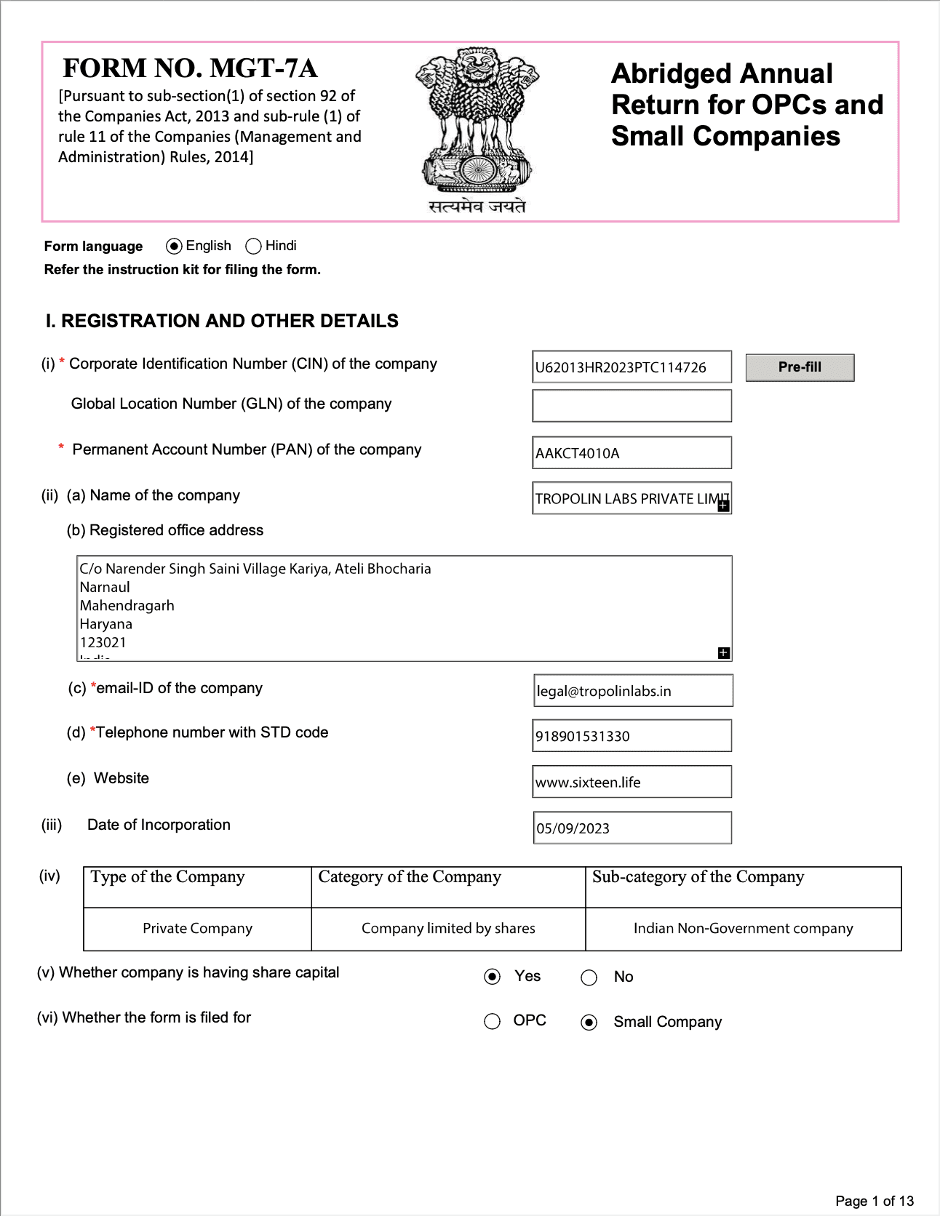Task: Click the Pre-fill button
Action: click(800, 367)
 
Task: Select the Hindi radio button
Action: click(253, 247)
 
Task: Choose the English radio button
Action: click(174, 247)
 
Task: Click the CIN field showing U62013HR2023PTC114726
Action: click(632, 367)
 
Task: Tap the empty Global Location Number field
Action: click(632, 406)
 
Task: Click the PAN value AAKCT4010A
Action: click(632, 453)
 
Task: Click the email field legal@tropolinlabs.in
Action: click(633, 691)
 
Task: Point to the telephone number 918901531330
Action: click(632, 736)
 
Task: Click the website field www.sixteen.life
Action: click(632, 782)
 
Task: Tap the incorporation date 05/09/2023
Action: click(632, 828)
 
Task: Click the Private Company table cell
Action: click(197, 929)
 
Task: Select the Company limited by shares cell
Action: click(448, 929)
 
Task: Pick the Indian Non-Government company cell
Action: click(743, 929)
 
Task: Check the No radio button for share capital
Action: click(589, 977)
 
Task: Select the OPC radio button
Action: click(493, 1022)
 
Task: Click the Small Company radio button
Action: click(589, 1023)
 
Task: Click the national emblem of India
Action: click(477, 124)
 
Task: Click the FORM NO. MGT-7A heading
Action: click(190, 68)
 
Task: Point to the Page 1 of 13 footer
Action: click(874, 1201)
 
